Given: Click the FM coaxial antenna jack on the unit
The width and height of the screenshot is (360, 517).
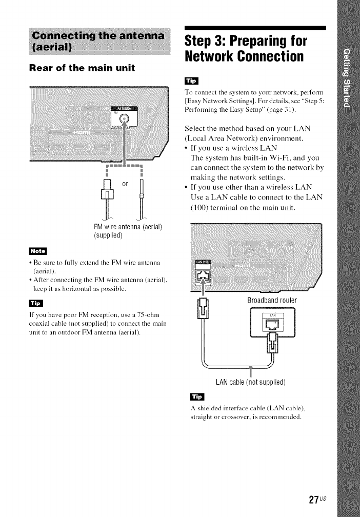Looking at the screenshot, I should (129, 121).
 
